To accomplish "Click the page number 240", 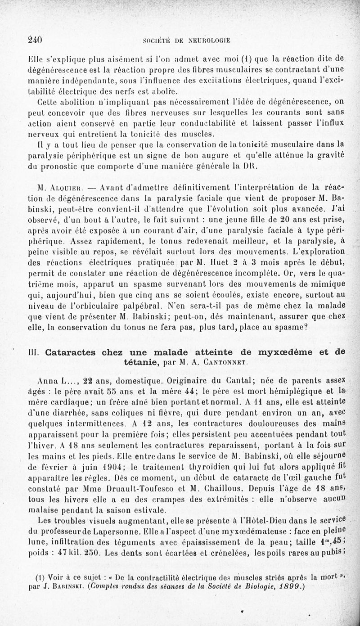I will coord(35,39).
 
